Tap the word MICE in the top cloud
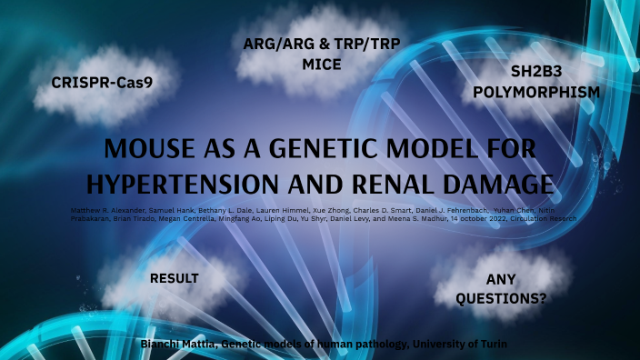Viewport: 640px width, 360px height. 322,65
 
